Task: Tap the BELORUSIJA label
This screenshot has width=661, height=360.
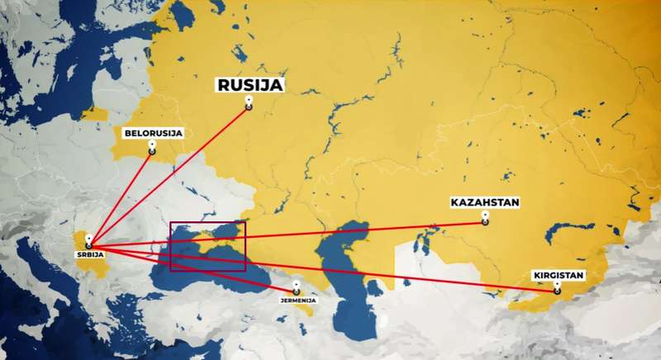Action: pos(153,132)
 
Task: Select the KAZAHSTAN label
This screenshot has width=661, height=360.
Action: pos(485,201)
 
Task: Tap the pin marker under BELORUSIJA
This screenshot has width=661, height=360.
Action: pos(152,148)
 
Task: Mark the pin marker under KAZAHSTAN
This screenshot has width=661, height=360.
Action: pos(485,218)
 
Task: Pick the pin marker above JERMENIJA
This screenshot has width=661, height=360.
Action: pos(295,289)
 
